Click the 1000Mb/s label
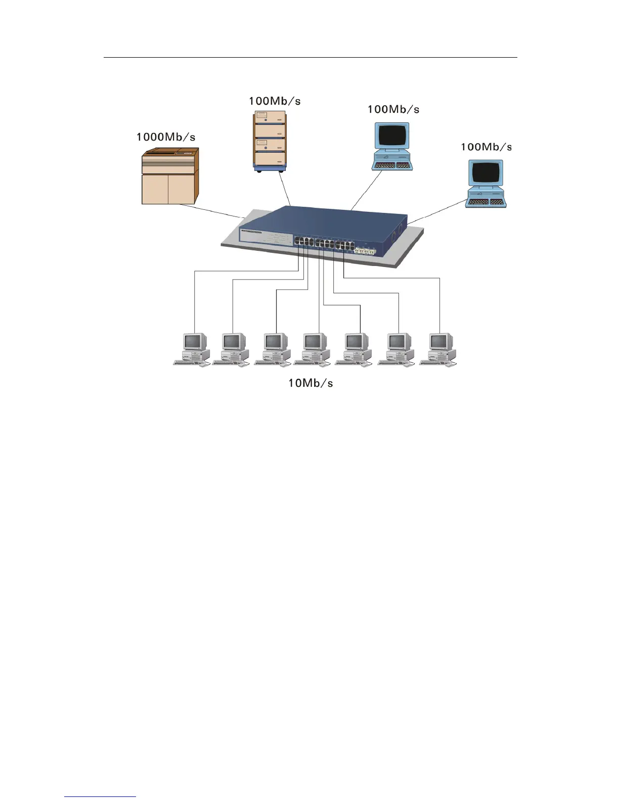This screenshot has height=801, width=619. [x=165, y=137]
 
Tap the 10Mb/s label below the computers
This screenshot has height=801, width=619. [x=310, y=383]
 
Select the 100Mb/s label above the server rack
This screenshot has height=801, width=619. [x=274, y=101]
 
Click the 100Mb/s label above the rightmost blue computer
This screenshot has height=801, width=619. [x=485, y=147]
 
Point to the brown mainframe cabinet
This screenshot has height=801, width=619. [x=169, y=176]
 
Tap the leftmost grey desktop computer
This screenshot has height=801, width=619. [x=193, y=349]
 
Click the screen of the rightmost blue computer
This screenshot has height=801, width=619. [x=486, y=173]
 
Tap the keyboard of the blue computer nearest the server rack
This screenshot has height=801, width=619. [x=392, y=165]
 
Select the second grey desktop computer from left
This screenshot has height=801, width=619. [x=232, y=349]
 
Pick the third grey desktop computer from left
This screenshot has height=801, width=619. [x=273, y=349]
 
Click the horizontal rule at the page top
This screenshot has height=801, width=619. [x=310, y=58]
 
